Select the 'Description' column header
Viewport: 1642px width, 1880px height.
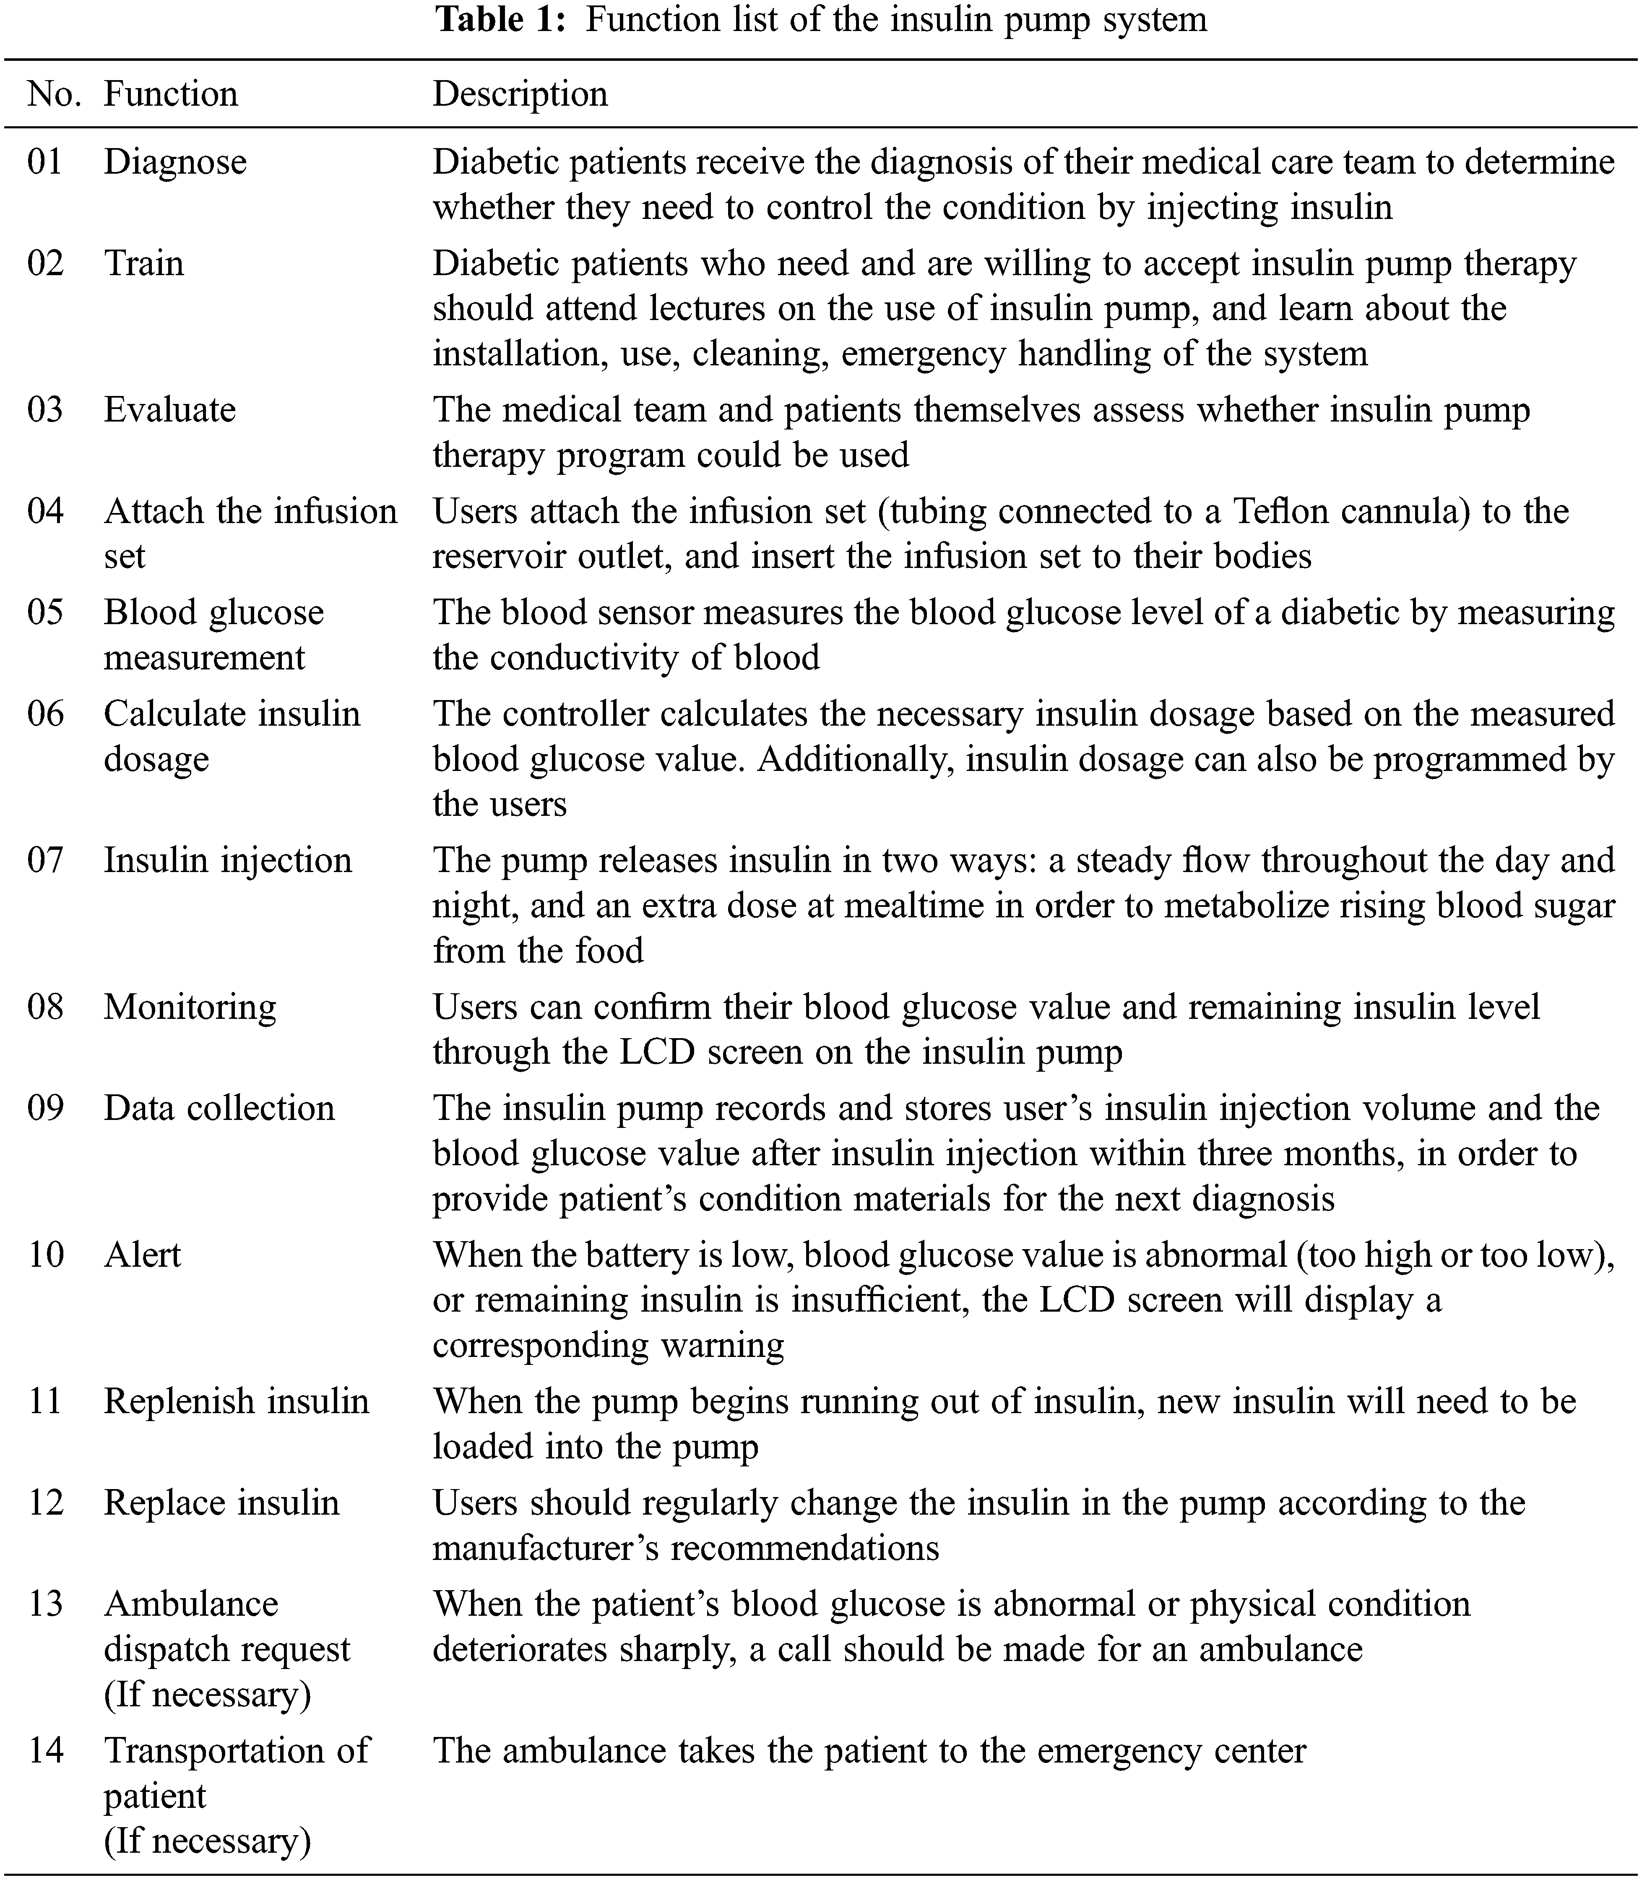pyautogui.click(x=520, y=94)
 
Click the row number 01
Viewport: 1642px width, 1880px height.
pyautogui.click(x=45, y=162)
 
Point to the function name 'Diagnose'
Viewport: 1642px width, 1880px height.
pyautogui.click(x=175, y=162)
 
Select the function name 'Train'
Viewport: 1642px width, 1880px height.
pyautogui.click(x=144, y=264)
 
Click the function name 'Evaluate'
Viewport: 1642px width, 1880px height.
pyautogui.click(x=169, y=409)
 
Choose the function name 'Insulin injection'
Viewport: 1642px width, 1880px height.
pyautogui.click(x=227, y=860)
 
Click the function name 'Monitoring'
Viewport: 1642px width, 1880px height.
pyautogui.click(x=190, y=1007)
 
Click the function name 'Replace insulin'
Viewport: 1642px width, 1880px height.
pyautogui.click(x=221, y=1502)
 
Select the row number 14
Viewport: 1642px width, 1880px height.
pyautogui.click(x=45, y=1751)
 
